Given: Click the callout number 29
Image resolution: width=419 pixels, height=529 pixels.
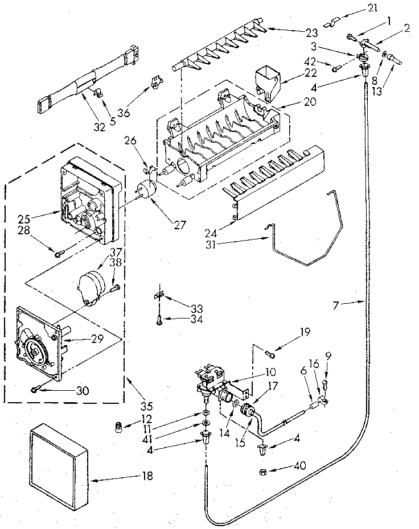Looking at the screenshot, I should click(x=97, y=338).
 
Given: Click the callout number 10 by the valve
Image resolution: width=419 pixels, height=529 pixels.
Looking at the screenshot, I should click(x=270, y=372).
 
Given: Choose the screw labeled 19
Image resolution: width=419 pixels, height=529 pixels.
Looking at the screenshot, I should click(x=271, y=356).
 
